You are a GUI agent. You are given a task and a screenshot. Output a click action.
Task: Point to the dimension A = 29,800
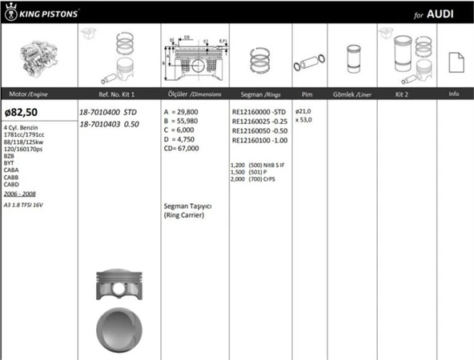click(x=181, y=112)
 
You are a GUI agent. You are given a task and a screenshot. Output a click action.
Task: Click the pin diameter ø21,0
click(x=303, y=110)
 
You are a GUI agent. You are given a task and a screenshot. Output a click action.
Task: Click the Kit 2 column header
click(x=403, y=94)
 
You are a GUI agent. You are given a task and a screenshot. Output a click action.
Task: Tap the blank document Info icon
click(x=454, y=61)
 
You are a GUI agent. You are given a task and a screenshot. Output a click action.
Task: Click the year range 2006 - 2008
click(x=19, y=194)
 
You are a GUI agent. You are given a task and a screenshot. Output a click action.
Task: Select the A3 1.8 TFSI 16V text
click(x=25, y=205)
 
